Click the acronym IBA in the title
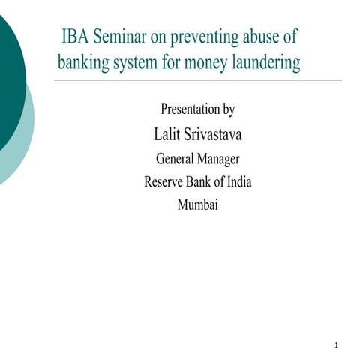77,38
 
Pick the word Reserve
164,181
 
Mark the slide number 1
337,346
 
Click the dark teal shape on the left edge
9,82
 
